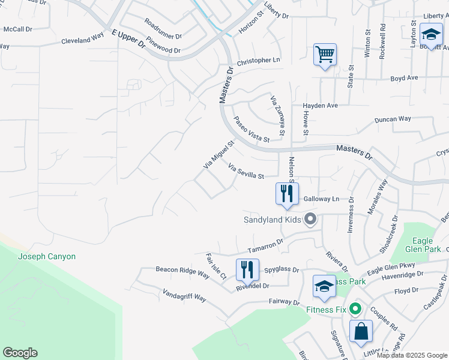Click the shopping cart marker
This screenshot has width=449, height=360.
tap(325, 55)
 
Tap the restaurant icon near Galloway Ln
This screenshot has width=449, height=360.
tap(287, 194)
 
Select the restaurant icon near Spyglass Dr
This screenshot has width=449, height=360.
tap(247, 270)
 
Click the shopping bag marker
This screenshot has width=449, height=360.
tap(361, 332)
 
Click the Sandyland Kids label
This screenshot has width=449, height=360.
tap(272, 219)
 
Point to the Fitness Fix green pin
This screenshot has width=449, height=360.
tap(355, 310)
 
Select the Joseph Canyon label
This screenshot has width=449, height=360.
tap(47, 256)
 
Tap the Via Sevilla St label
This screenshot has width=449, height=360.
tap(246, 172)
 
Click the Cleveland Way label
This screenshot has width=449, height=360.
tap(82, 41)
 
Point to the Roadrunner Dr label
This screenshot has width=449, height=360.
tap(163, 29)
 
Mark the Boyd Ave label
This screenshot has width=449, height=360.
tap(404, 78)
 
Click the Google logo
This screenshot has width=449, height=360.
tap(20, 353)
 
